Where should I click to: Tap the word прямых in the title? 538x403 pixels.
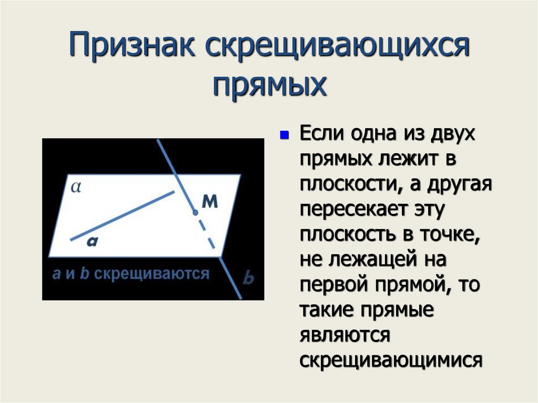click(270, 85)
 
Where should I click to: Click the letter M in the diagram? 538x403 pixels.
click(210, 203)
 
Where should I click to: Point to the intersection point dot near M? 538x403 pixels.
click(195, 213)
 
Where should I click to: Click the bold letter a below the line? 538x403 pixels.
click(92, 241)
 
